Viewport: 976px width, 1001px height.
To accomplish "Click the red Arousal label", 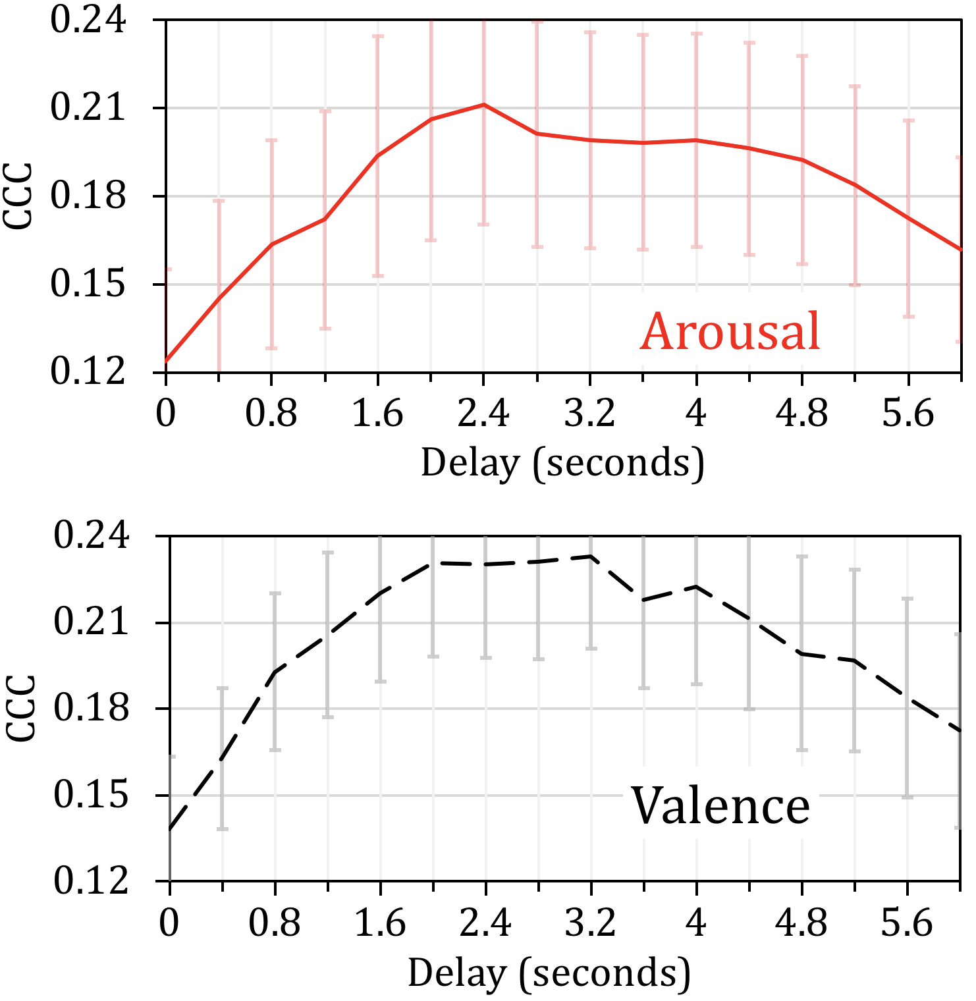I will (730, 331).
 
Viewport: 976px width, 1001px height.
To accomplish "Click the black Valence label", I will (720, 805).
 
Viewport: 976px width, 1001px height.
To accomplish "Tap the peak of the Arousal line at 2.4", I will (483, 104).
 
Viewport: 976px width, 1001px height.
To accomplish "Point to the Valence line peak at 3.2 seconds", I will (591, 556).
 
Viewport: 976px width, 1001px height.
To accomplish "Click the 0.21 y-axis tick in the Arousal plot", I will (88, 108).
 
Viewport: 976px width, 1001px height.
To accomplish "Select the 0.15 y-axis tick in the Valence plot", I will (90, 795).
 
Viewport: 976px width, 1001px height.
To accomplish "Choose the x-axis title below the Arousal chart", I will (562, 463).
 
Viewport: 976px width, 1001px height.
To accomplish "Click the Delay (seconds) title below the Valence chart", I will (549, 973).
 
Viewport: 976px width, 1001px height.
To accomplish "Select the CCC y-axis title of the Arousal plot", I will (18, 196).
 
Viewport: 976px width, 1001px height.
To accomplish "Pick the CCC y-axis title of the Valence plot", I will (20, 708).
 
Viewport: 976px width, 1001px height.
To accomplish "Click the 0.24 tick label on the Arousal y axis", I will (88, 20).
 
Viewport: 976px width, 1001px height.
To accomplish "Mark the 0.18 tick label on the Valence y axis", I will (90, 709).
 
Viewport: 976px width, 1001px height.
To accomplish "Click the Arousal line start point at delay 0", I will (166, 362).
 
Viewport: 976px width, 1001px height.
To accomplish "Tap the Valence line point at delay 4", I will (696, 586).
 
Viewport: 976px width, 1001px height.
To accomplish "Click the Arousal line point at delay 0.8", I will (271, 244).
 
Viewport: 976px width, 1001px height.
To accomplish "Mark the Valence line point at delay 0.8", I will (275, 672).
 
